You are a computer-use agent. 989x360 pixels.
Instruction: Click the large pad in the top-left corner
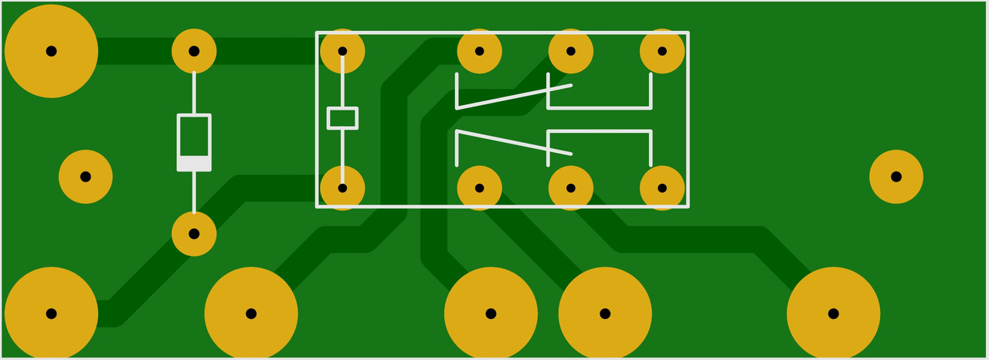51,51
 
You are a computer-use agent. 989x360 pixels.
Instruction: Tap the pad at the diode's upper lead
194,51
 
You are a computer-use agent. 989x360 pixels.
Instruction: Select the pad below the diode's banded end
194,233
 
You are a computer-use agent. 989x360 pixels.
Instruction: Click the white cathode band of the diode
194,163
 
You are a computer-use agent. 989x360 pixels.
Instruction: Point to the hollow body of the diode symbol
194,136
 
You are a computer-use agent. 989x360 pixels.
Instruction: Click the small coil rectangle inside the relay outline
342,118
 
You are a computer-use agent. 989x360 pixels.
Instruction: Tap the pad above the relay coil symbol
342,51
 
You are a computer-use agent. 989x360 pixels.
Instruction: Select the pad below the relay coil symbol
342,188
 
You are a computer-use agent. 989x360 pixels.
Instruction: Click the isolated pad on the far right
896,177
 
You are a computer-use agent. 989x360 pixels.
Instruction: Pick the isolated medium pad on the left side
86,177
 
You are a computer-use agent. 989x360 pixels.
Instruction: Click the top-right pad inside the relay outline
662,51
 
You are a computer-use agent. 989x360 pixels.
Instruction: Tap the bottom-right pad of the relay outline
662,188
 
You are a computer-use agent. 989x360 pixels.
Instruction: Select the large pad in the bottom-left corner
51,314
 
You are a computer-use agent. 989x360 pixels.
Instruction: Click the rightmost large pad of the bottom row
833,314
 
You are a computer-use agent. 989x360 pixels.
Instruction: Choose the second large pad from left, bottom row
251,314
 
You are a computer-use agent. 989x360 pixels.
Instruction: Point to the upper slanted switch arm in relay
514,97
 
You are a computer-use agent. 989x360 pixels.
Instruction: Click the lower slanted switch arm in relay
514,143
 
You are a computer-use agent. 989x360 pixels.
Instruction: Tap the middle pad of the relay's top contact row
570,51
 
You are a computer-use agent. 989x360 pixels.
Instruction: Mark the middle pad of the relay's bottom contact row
570,188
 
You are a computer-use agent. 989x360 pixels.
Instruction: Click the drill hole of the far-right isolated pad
896,177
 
